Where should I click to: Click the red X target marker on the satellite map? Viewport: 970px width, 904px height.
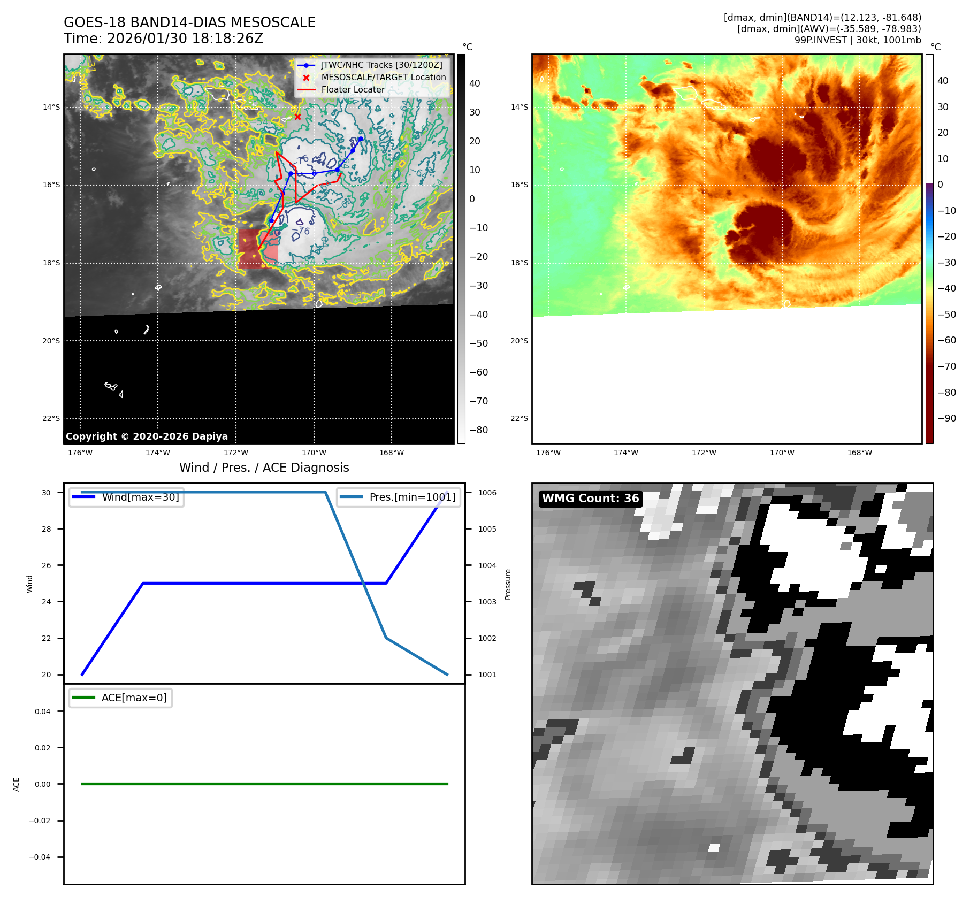click(297, 117)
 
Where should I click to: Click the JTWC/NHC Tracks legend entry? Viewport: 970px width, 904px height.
click(381, 65)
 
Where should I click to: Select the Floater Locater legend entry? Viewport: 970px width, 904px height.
click(353, 90)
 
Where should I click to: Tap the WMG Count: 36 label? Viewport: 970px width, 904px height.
click(590, 499)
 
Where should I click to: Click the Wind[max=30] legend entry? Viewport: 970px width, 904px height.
click(140, 497)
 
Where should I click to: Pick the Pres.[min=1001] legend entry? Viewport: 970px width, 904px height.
click(412, 497)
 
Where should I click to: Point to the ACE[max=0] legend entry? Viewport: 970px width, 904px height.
click(134, 698)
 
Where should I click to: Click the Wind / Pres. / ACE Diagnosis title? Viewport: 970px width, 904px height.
click(264, 468)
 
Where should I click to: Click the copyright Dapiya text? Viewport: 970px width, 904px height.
click(147, 436)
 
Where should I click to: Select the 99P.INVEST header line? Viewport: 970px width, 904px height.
click(857, 40)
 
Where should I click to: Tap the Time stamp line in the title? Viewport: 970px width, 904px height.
click(163, 39)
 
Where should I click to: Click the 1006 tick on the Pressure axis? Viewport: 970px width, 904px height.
click(487, 493)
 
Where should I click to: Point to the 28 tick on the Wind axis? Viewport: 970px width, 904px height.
click(47, 529)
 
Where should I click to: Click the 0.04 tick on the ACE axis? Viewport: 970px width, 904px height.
click(43, 711)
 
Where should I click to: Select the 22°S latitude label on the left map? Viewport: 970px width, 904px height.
click(51, 418)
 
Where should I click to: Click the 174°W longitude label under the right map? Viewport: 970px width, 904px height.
click(625, 453)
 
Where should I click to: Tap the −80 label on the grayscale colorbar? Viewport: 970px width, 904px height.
click(479, 430)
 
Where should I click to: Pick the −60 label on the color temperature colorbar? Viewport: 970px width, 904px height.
click(946, 340)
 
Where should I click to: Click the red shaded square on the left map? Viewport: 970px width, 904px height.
click(249, 249)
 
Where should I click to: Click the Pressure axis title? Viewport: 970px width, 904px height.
click(508, 584)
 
